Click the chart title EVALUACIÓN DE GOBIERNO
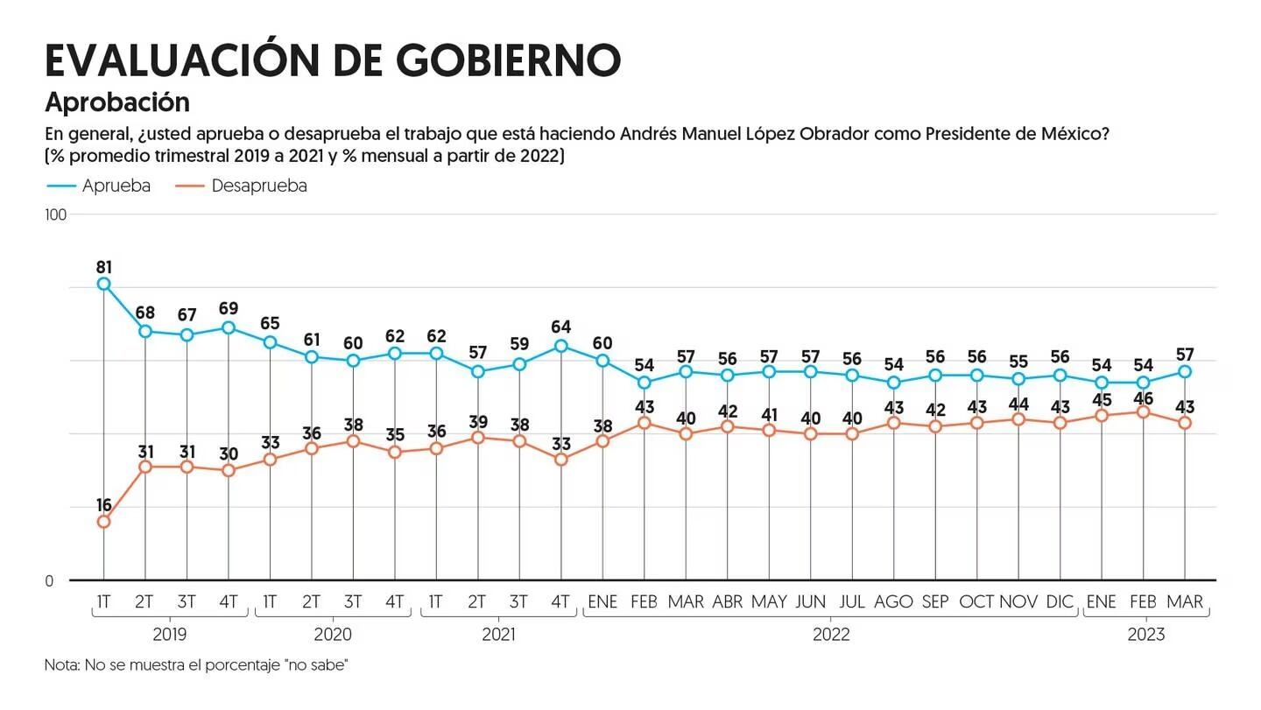coord(333,60)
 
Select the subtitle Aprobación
coord(117,102)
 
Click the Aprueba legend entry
coord(98,186)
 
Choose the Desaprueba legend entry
coord(242,186)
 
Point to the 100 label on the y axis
coord(55,215)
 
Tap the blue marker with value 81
coord(103,284)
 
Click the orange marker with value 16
coord(103,522)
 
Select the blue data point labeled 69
coord(229,327)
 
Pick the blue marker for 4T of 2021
coord(561,346)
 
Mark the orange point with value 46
coord(1143,411)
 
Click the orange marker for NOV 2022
coord(1018,419)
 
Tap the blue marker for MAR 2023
coord(1185,372)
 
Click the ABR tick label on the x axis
coord(727,602)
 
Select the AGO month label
coord(893,602)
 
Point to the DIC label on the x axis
coord(1060,602)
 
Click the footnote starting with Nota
coord(197,665)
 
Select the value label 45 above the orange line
coord(1101,400)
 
